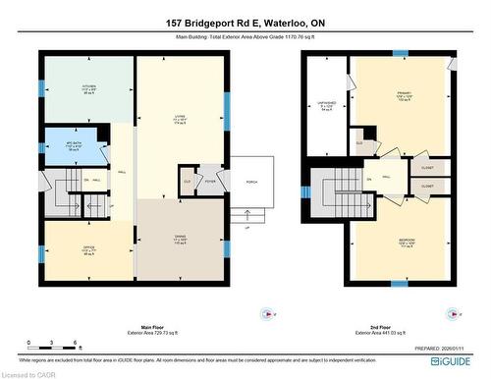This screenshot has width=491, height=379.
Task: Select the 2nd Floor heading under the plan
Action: [x=376, y=327]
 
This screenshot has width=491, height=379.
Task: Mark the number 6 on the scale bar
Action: [x=76, y=344]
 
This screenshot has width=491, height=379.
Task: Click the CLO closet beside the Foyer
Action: [x=187, y=181]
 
